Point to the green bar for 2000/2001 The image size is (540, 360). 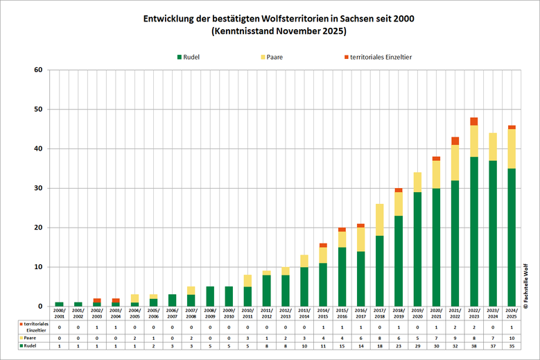(x=59, y=304)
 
